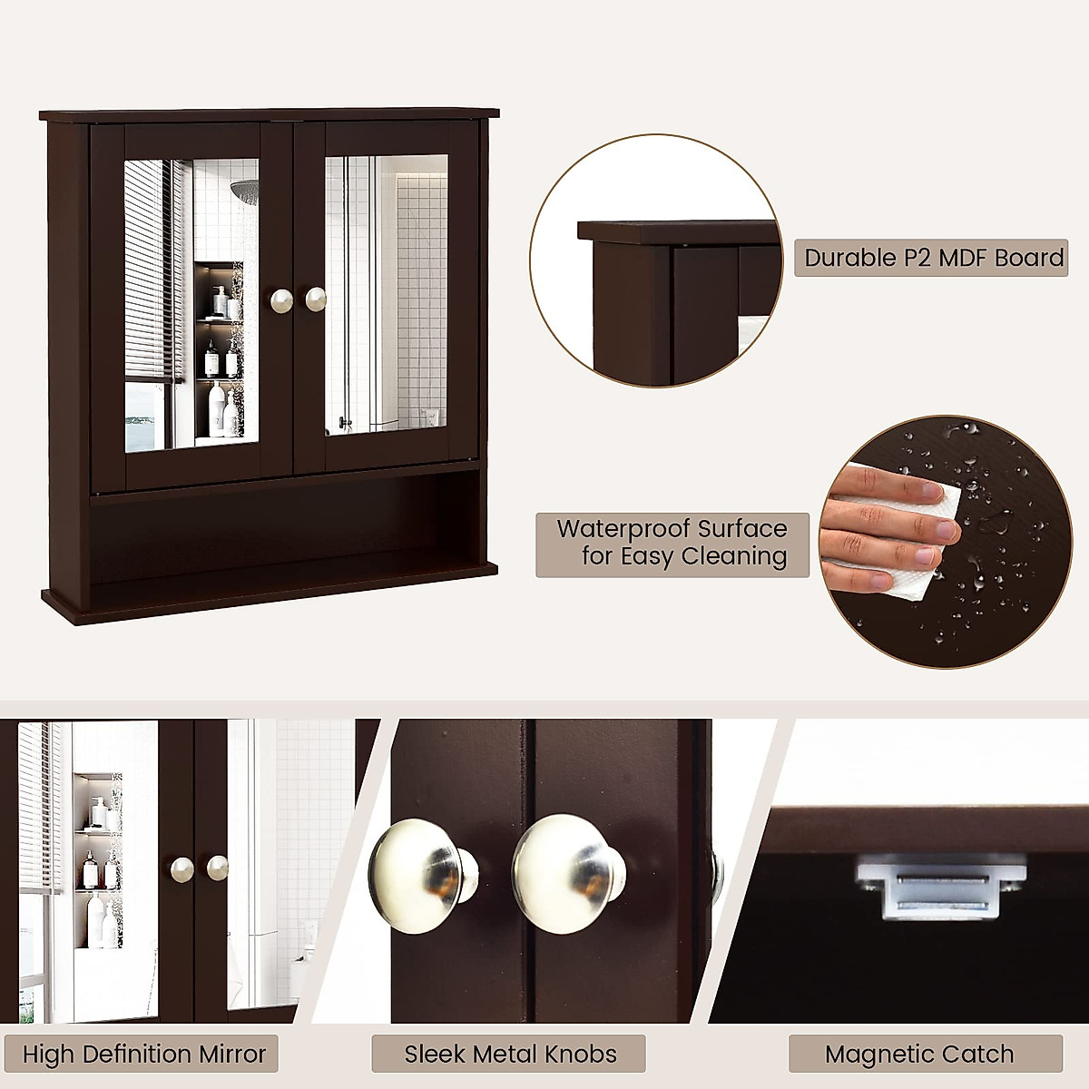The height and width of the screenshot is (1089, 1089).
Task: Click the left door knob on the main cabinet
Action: tap(280, 299)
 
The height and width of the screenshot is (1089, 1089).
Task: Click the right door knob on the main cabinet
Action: tap(315, 299)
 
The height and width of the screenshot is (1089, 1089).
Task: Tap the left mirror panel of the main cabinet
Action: tap(191, 304)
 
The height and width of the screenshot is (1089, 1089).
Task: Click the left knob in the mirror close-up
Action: tap(182, 868)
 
